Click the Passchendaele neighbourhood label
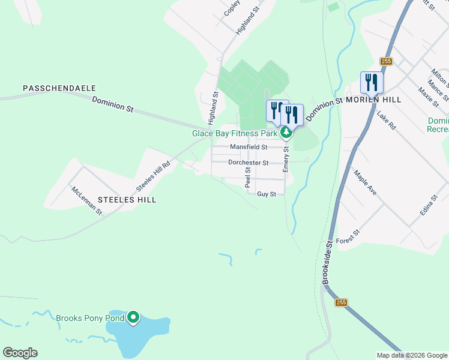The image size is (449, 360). (59, 88)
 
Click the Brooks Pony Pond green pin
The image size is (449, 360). (133, 317)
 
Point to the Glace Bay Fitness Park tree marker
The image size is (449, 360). (288, 133)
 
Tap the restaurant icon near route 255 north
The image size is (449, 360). (372, 82)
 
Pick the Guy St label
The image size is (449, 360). (266, 194)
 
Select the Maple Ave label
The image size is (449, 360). (365, 183)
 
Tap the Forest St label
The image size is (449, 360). (348, 236)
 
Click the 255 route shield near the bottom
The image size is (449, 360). (342, 303)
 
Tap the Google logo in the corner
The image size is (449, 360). (20, 353)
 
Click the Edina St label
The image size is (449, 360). (430, 206)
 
